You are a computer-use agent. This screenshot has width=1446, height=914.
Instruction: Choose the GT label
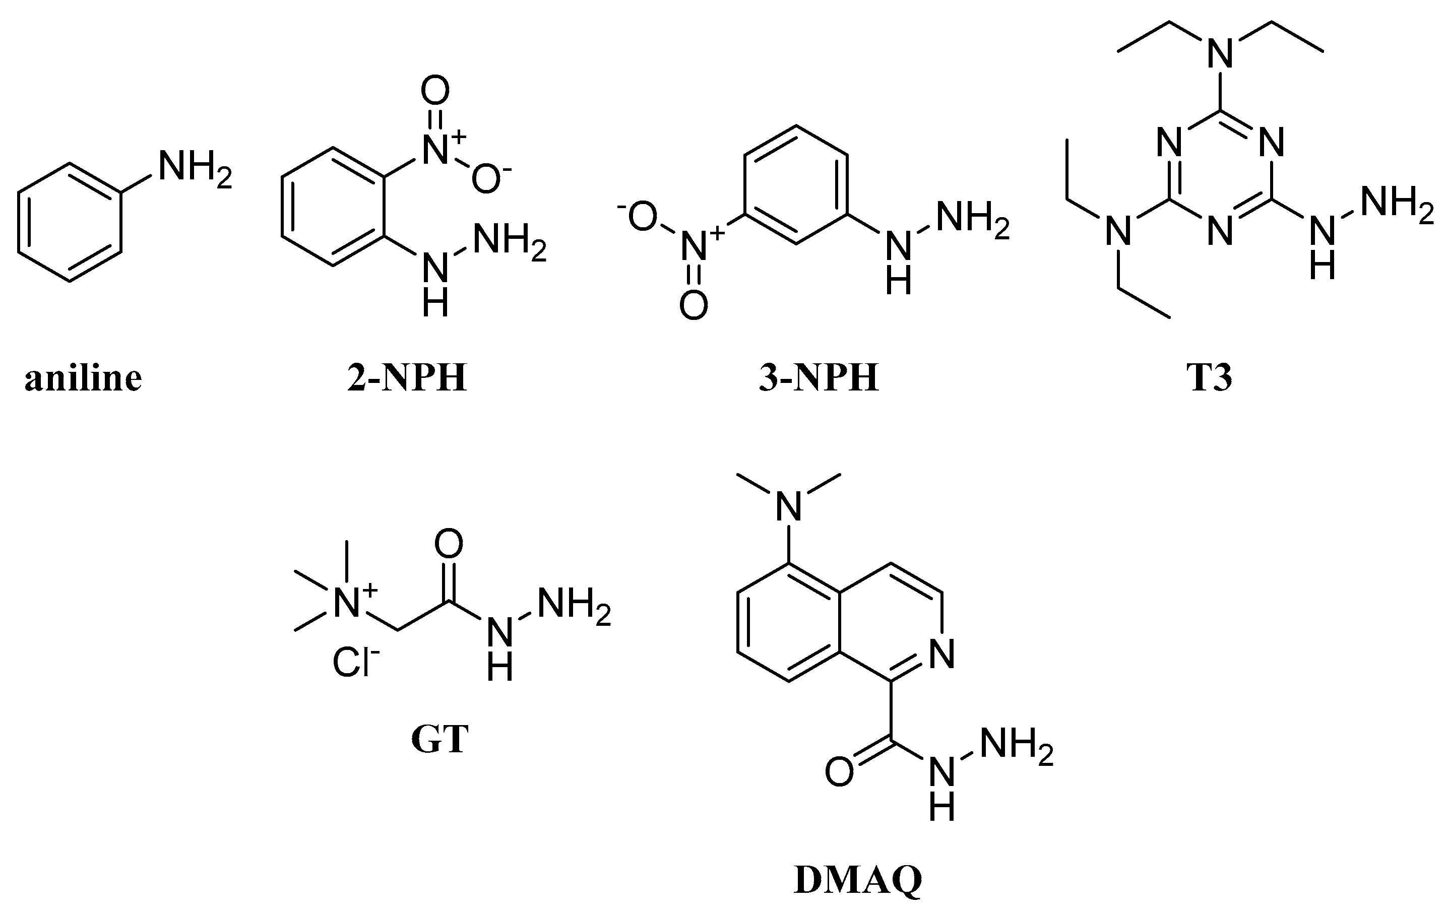(x=439, y=740)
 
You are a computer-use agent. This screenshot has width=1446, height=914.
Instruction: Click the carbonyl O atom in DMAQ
(x=839, y=772)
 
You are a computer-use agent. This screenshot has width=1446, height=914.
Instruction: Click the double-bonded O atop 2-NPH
(x=435, y=91)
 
